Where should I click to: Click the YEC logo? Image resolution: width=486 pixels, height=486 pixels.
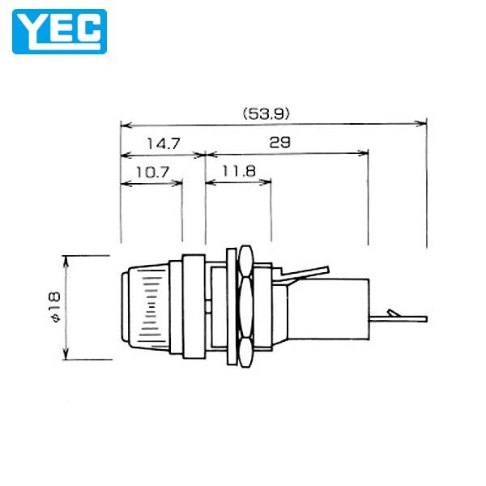(x=59, y=30)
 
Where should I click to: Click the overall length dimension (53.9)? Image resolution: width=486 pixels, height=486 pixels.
(x=262, y=114)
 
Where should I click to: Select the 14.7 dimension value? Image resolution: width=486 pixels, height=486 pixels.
(x=162, y=143)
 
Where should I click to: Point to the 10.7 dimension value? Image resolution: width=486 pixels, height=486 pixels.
(x=151, y=172)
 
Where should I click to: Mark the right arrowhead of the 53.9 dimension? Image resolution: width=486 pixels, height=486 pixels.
(x=422, y=124)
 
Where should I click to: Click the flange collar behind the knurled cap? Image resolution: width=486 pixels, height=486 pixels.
(x=193, y=308)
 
